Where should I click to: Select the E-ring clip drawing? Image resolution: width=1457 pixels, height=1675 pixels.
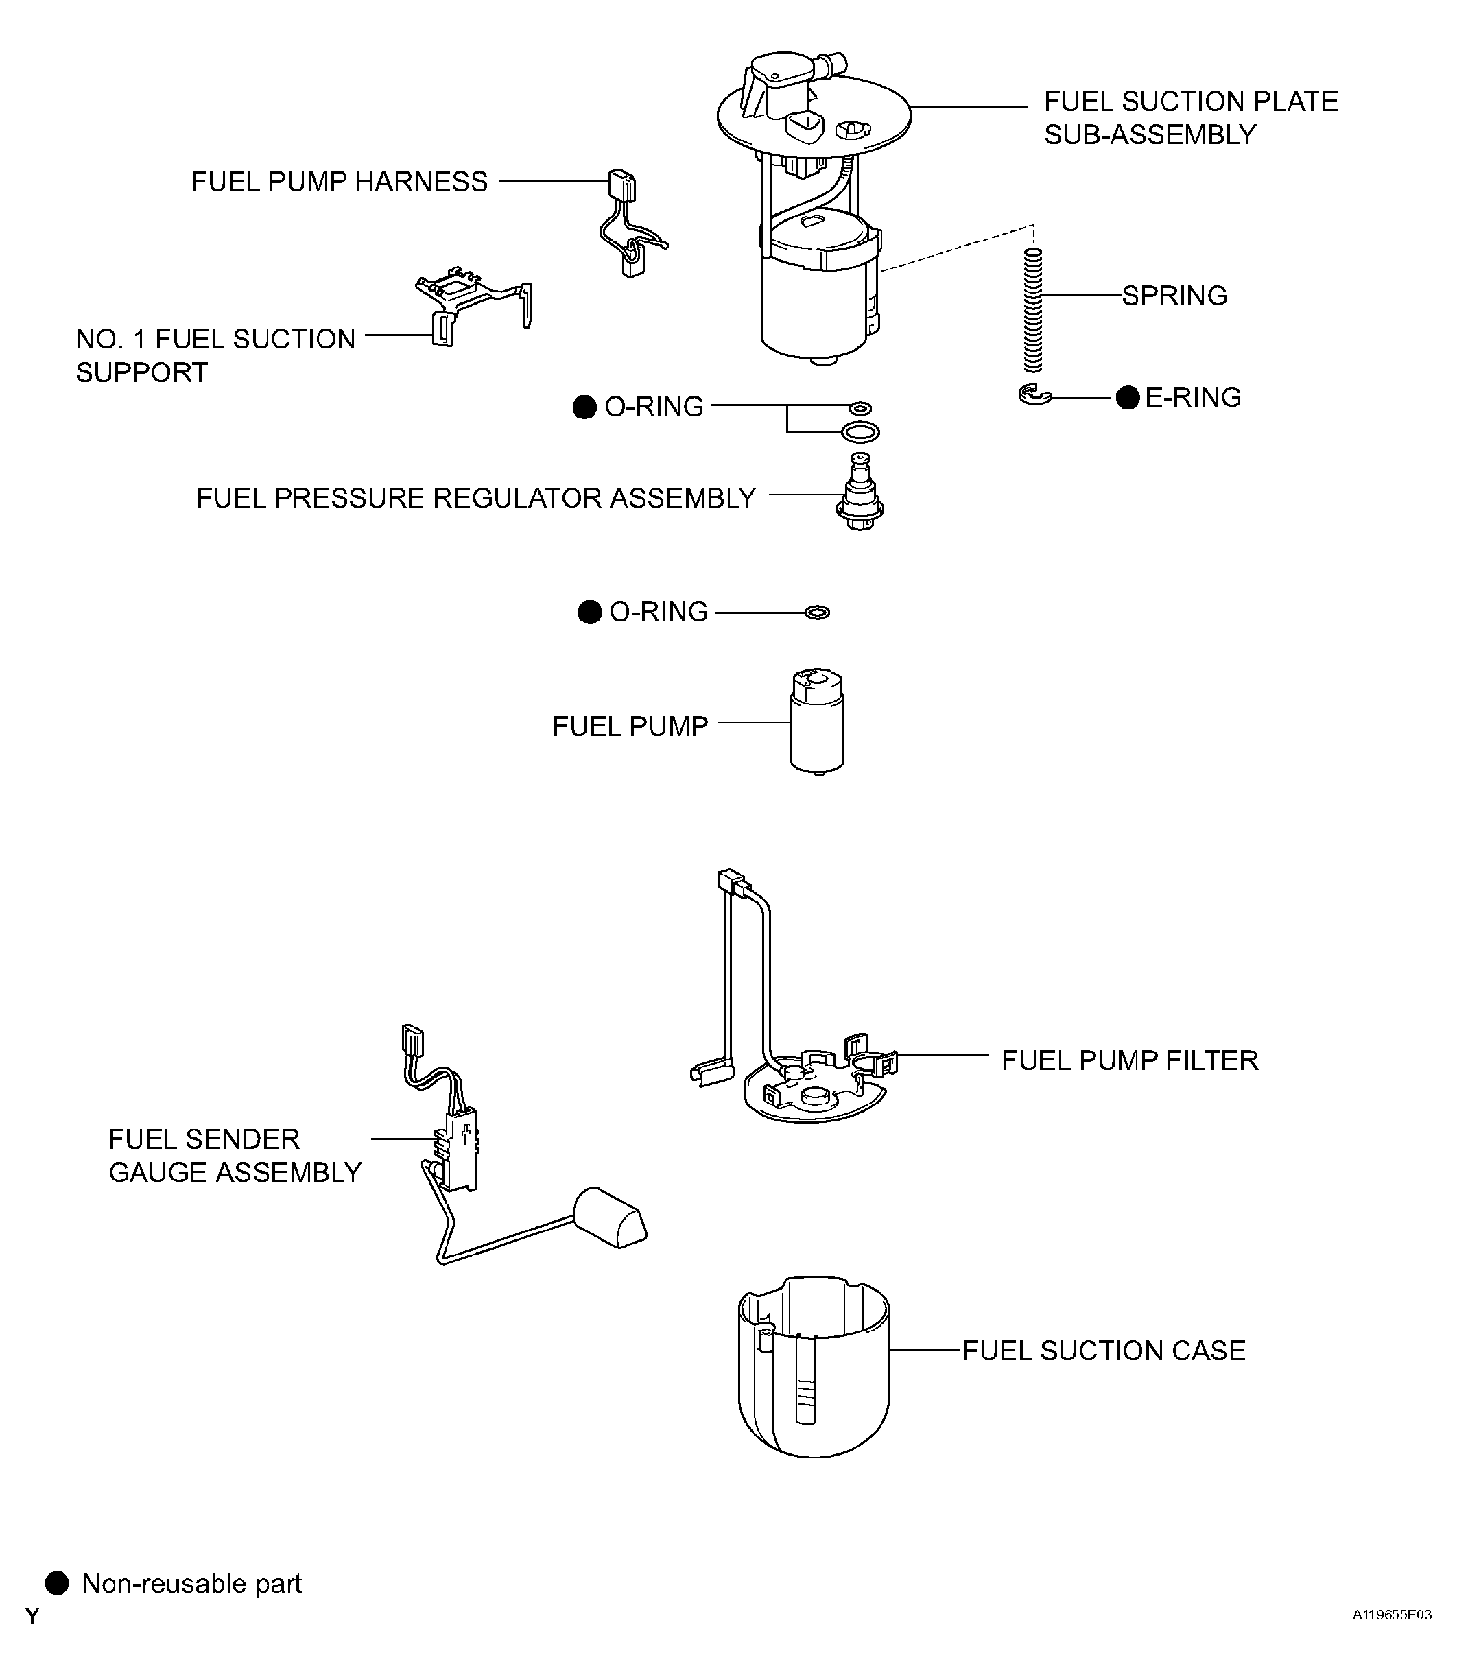1034,395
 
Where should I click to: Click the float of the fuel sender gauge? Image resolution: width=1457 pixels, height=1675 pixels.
611,1217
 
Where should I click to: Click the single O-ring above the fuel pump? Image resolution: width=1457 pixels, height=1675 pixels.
817,613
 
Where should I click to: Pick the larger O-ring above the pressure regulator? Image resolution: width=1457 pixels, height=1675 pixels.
860,431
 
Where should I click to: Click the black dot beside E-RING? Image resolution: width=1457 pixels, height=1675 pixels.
1128,398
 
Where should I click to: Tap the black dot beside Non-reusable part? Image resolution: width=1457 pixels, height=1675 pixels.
56,1583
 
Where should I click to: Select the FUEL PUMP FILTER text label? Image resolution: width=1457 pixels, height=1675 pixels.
1129,1060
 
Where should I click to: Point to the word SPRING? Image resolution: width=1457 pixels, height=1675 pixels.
1175,295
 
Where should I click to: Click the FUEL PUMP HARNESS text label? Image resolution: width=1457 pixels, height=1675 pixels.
339,181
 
